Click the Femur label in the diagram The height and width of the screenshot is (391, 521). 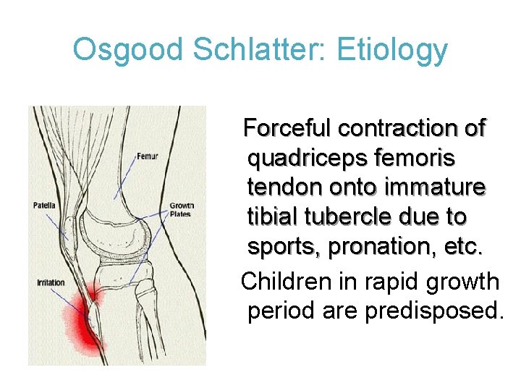pos(147,156)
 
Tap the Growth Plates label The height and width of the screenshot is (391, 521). pos(182,210)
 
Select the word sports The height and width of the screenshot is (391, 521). pos(284,247)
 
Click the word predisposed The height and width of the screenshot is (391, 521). pos(436,311)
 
